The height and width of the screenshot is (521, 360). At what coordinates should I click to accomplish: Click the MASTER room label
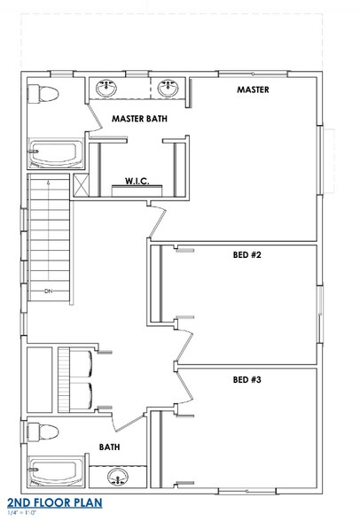point(253,90)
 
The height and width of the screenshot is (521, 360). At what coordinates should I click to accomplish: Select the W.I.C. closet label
point(137,181)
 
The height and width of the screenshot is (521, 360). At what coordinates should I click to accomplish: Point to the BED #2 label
point(247,255)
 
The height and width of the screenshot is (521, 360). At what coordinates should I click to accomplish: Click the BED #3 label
point(247,379)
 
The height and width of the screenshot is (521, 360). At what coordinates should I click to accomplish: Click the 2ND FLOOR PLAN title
point(55,504)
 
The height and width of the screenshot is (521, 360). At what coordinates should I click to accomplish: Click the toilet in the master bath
point(42,92)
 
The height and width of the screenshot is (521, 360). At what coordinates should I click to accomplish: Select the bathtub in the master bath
point(56,154)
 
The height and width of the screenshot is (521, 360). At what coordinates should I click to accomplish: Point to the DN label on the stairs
point(49,290)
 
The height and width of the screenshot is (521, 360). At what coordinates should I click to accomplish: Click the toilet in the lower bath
point(43,432)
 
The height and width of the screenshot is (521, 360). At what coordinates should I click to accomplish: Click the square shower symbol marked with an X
point(81,184)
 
